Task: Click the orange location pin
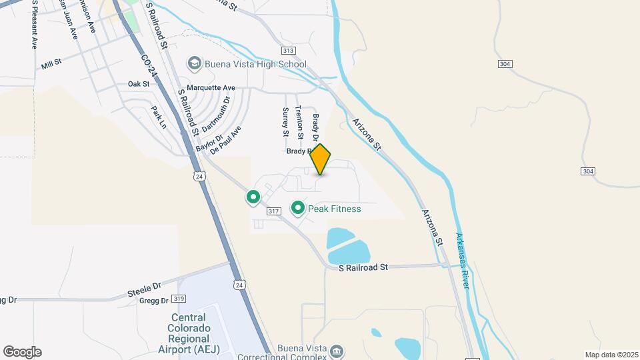pyautogui.click(x=321, y=159)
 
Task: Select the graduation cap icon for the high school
pyautogui.click(x=195, y=64)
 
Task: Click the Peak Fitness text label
pyautogui.click(x=335, y=209)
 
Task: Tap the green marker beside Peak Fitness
pyautogui.click(x=297, y=209)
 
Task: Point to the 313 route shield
pyautogui.click(x=288, y=51)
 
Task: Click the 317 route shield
pyautogui.click(x=273, y=211)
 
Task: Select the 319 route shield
pyautogui.click(x=178, y=299)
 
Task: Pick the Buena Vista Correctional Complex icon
pyautogui.click(x=337, y=351)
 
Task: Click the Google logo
pyautogui.click(x=22, y=352)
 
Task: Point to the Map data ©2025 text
pyautogui.click(x=610, y=355)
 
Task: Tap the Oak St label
pyautogui.click(x=138, y=84)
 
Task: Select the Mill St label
pyautogui.click(x=51, y=64)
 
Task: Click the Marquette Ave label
pyautogui.click(x=211, y=87)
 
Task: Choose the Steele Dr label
pyautogui.click(x=145, y=290)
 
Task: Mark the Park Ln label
pyautogui.click(x=158, y=117)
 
